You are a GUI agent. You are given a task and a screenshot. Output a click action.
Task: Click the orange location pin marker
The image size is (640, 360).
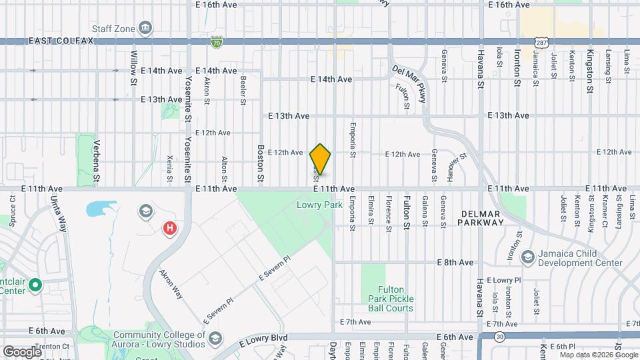(x=320, y=159)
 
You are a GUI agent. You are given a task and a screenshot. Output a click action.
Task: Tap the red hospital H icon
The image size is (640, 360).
(x=170, y=229)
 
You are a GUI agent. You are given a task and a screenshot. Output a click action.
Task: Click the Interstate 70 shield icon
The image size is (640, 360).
(x=216, y=42)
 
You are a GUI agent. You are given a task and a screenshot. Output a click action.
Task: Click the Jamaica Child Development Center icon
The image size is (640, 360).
(x=527, y=257)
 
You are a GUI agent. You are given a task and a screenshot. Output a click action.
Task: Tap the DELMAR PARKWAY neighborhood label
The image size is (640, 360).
(x=481, y=218)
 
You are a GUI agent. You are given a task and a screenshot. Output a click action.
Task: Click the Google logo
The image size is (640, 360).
(x=23, y=351)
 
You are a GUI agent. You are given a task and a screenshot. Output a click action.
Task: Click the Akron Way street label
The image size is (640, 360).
(x=171, y=283)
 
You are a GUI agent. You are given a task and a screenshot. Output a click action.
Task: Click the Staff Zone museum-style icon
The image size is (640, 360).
(x=145, y=28)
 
